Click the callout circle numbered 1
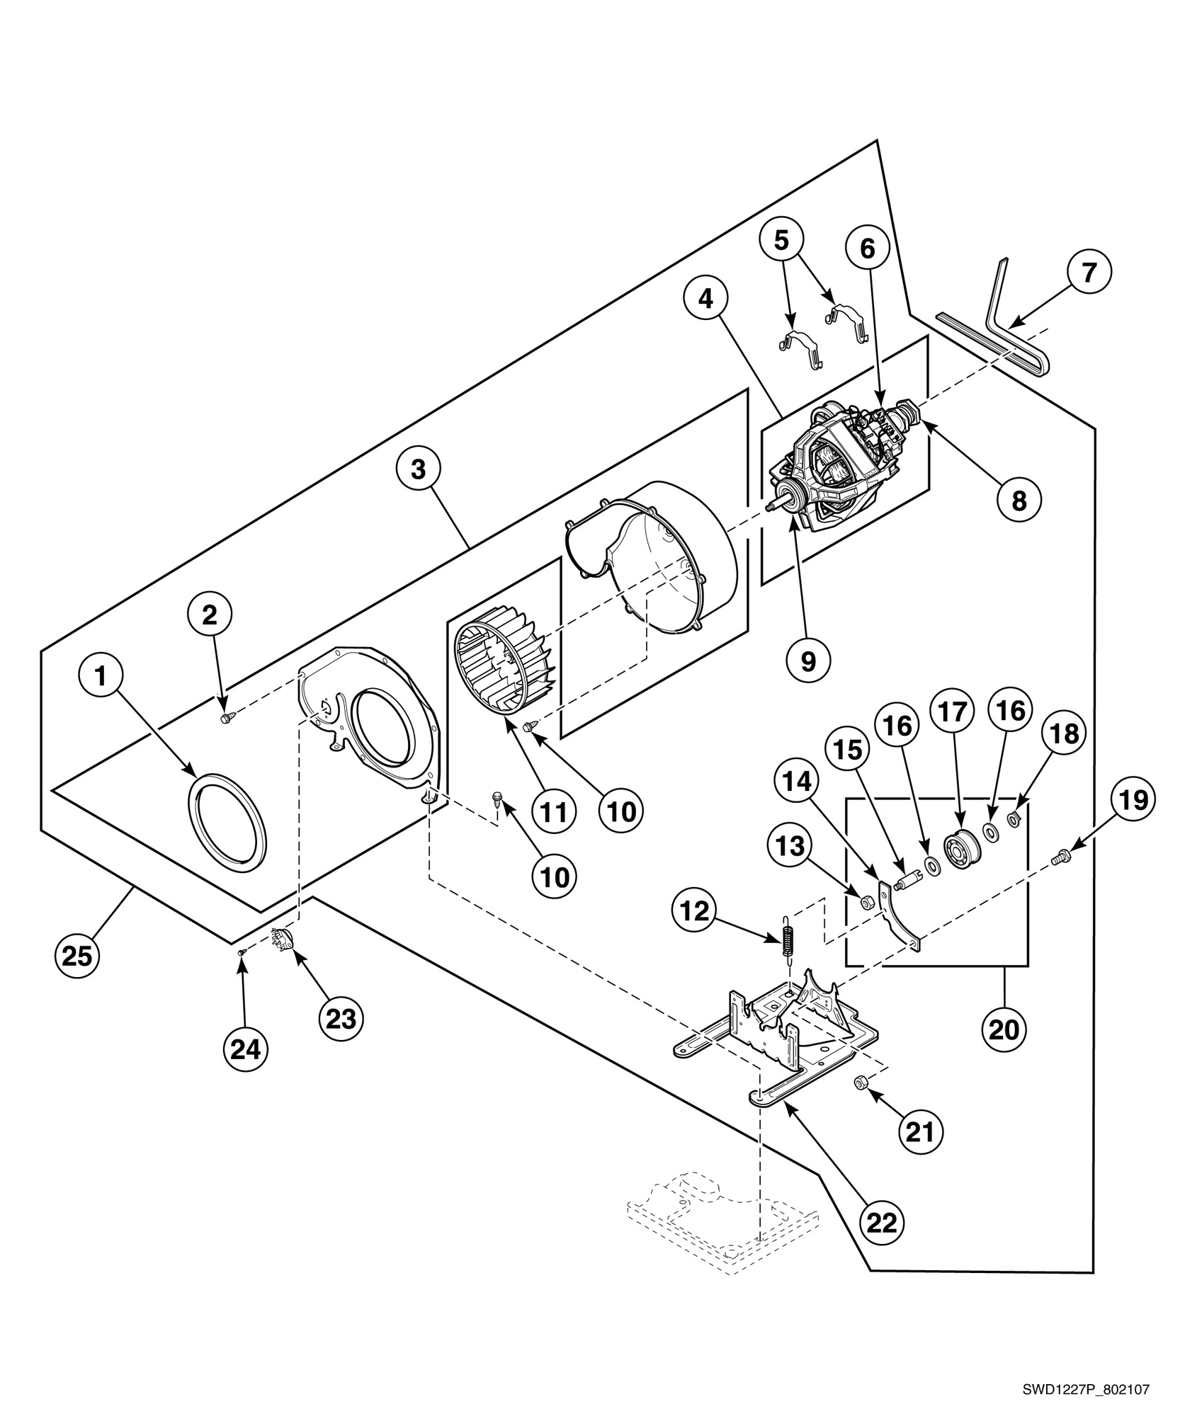[101, 677]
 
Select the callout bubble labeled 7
[1089, 272]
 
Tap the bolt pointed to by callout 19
[1061, 857]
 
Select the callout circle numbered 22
[883, 1221]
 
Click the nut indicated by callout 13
[866, 901]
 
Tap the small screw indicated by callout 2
[226, 719]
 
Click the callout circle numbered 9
[808, 660]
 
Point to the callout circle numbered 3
[419, 469]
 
